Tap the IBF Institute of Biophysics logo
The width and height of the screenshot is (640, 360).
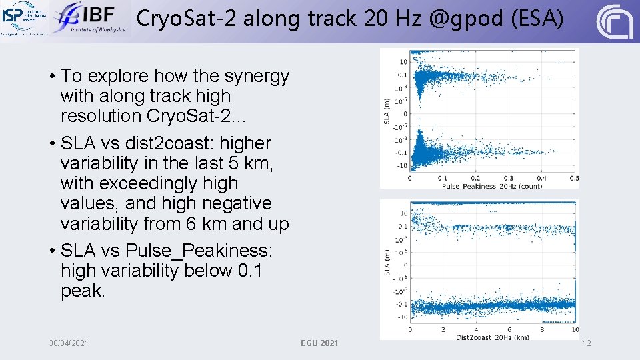click(x=89, y=18)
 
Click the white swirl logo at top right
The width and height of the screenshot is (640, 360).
click(x=614, y=21)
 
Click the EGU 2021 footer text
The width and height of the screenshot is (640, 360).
click(x=319, y=343)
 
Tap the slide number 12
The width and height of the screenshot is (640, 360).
click(x=587, y=343)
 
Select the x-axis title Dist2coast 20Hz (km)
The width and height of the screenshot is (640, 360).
click(x=493, y=337)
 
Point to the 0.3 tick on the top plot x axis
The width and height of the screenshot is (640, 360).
click(x=509, y=179)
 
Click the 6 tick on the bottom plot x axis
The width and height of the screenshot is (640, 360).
click(x=509, y=330)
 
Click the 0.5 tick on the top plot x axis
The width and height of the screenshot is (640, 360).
click(x=573, y=179)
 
